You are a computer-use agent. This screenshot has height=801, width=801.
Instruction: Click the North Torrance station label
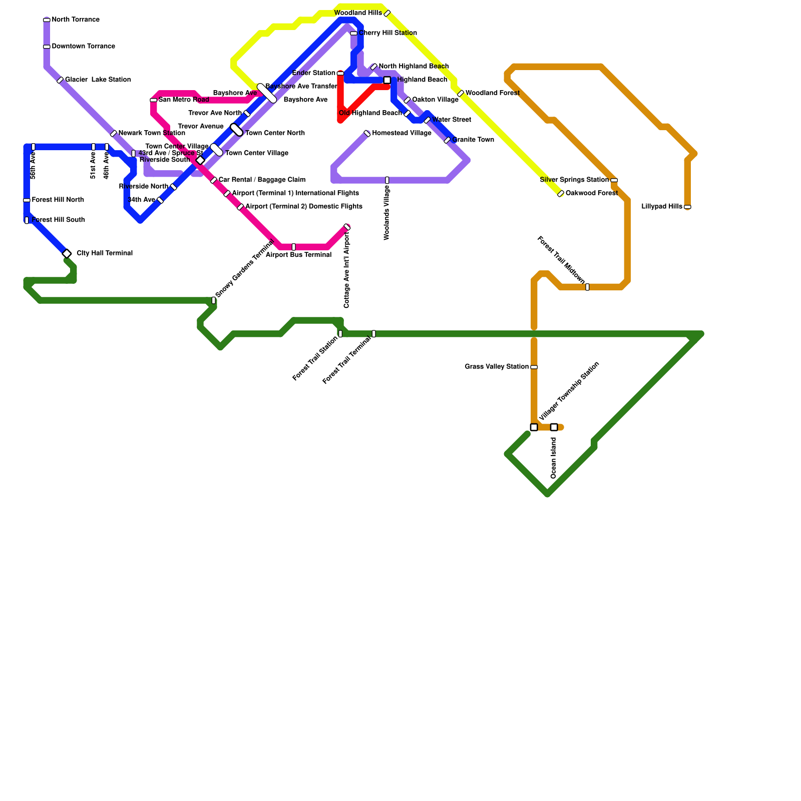(x=76, y=20)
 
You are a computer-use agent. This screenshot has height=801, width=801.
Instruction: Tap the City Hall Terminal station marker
(x=67, y=254)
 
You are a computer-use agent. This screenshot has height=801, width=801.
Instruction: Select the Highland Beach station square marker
(x=387, y=80)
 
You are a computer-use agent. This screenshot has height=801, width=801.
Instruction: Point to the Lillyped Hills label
(x=661, y=207)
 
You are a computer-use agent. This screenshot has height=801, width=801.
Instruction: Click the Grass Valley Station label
(x=496, y=367)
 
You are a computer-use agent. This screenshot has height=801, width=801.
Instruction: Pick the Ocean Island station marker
(x=554, y=427)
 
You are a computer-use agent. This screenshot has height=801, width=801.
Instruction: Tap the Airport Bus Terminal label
(x=298, y=255)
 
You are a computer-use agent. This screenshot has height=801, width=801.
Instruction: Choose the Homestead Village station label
(x=402, y=133)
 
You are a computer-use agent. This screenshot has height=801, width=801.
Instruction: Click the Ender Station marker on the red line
(x=340, y=74)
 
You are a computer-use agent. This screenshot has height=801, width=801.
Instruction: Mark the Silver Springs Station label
(x=574, y=180)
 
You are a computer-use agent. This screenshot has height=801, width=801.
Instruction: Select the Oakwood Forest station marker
(x=561, y=194)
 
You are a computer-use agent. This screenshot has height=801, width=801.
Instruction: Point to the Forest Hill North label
(x=58, y=200)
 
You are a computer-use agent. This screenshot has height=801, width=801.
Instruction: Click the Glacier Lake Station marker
(x=60, y=80)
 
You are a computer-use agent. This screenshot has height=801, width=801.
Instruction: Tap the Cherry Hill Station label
(x=387, y=33)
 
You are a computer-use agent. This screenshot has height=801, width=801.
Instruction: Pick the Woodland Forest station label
(x=492, y=93)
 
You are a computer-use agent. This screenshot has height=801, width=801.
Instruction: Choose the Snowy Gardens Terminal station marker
(x=214, y=300)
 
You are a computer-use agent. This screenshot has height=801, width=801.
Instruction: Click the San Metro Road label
(x=184, y=100)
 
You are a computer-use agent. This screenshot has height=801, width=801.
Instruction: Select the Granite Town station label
(x=473, y=140)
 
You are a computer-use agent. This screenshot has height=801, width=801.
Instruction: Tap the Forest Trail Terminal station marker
(x=374, y=334)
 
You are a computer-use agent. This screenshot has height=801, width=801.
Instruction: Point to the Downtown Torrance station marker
(x=47, y=47)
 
